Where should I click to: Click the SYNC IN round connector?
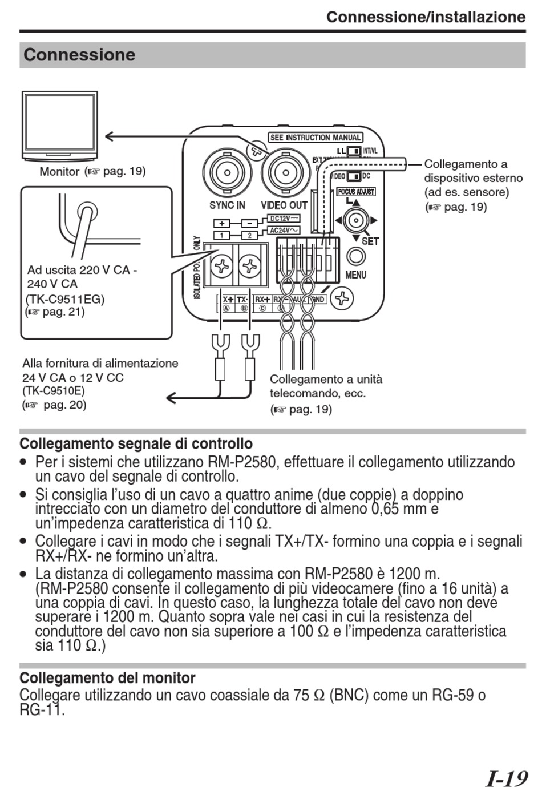(x=227, y=172)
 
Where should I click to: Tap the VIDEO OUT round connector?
(x=284, y=172)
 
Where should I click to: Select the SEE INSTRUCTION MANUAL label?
(x=316, y=138)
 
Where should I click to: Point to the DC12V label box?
(x=284, y=219)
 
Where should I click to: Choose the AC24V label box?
(x=284, y=231)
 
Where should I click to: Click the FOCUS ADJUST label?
(x=356, y=192)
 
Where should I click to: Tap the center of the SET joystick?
(x=356, y=220)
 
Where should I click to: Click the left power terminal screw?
(x=221, y=266)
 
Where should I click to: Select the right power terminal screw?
(x=249, y=266)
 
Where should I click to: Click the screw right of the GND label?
(x=342, y=297)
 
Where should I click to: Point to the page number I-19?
(x=506, y=778)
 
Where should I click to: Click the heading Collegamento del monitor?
(x=107, y=678)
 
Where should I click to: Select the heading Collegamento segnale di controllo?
(x=136, y=443)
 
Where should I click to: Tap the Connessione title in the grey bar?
(x=79, y=55)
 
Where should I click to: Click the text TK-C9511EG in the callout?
(x=65, y=298)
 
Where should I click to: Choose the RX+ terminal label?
(x=262, y=299)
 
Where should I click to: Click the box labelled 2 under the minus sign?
(x=249, y=235)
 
